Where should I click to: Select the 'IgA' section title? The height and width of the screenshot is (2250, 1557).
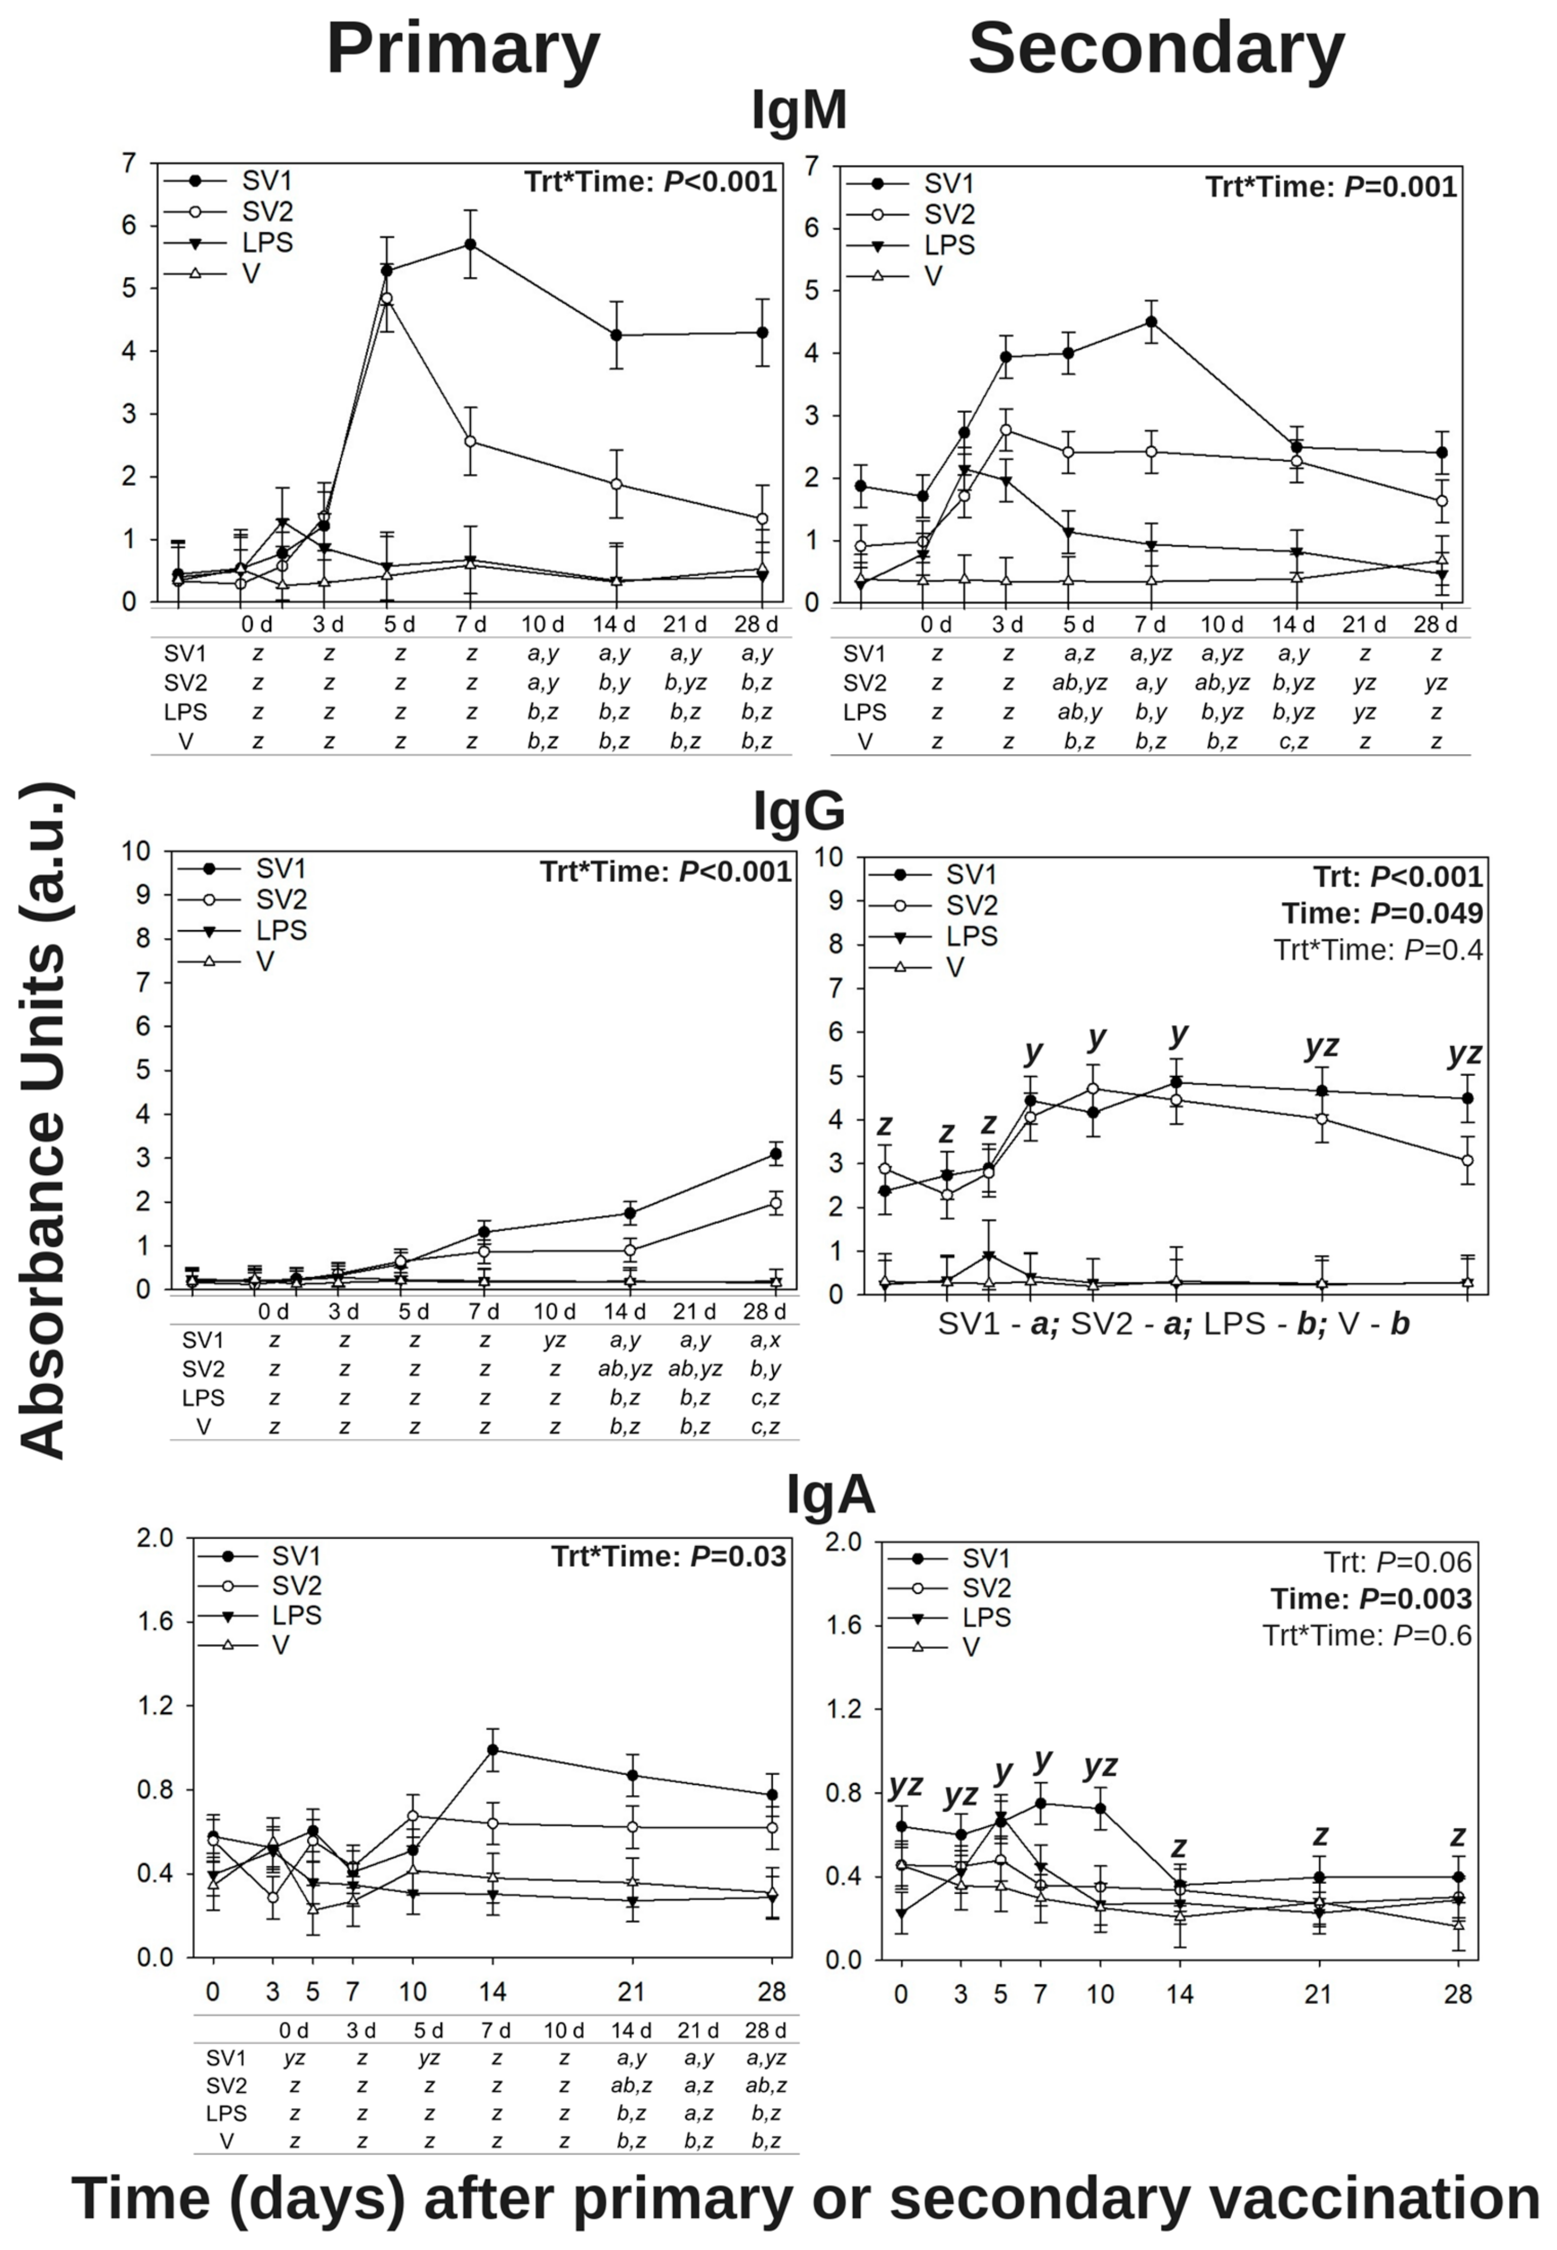[830, 1495]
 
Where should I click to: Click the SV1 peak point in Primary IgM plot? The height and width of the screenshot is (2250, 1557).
[470, 245]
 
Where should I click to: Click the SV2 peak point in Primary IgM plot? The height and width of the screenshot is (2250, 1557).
[386, 299]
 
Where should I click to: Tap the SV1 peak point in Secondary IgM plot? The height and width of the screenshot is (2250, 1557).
[1151, 322]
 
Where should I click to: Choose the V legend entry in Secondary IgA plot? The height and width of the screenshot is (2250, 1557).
[970, 1647]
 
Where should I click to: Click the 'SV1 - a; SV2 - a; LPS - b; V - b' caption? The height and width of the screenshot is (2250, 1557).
[1174, 1325]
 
